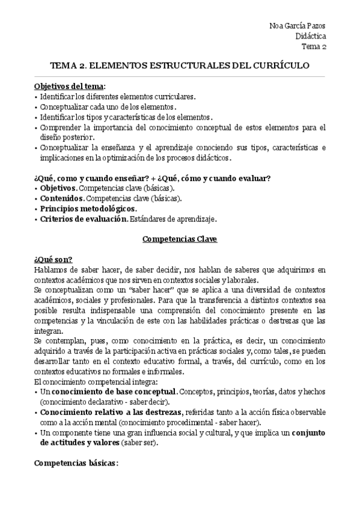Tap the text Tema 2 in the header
(314, 46)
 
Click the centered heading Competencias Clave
(180, 239)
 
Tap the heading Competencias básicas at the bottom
(76, 464)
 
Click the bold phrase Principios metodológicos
(88, 209)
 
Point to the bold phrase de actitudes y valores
(79, 443)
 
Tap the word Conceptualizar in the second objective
(67, 106)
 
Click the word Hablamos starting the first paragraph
(52, 269)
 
